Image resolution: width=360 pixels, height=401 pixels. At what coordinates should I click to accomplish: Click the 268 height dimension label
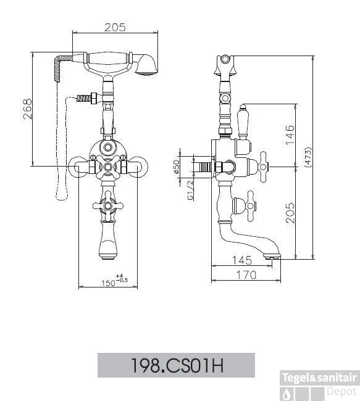click(28, 109)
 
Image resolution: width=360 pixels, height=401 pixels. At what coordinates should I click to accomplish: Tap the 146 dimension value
click(290, 134)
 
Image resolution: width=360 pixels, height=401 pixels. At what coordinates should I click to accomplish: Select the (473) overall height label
click(308, 157)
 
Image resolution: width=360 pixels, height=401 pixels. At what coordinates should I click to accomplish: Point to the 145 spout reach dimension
click(242, 260)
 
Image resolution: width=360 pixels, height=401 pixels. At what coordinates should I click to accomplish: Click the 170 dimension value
click(246, 275)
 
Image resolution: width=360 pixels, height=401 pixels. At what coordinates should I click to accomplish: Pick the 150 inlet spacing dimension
click(108, 283)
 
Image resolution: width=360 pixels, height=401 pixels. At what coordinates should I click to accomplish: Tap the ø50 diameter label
click(177, 168)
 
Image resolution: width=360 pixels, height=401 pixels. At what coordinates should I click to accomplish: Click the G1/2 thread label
click(190, 189)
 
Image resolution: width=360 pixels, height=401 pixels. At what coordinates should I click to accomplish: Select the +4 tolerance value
click(120, 276)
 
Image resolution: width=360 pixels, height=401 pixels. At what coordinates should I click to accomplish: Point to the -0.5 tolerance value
click(122, 280)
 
